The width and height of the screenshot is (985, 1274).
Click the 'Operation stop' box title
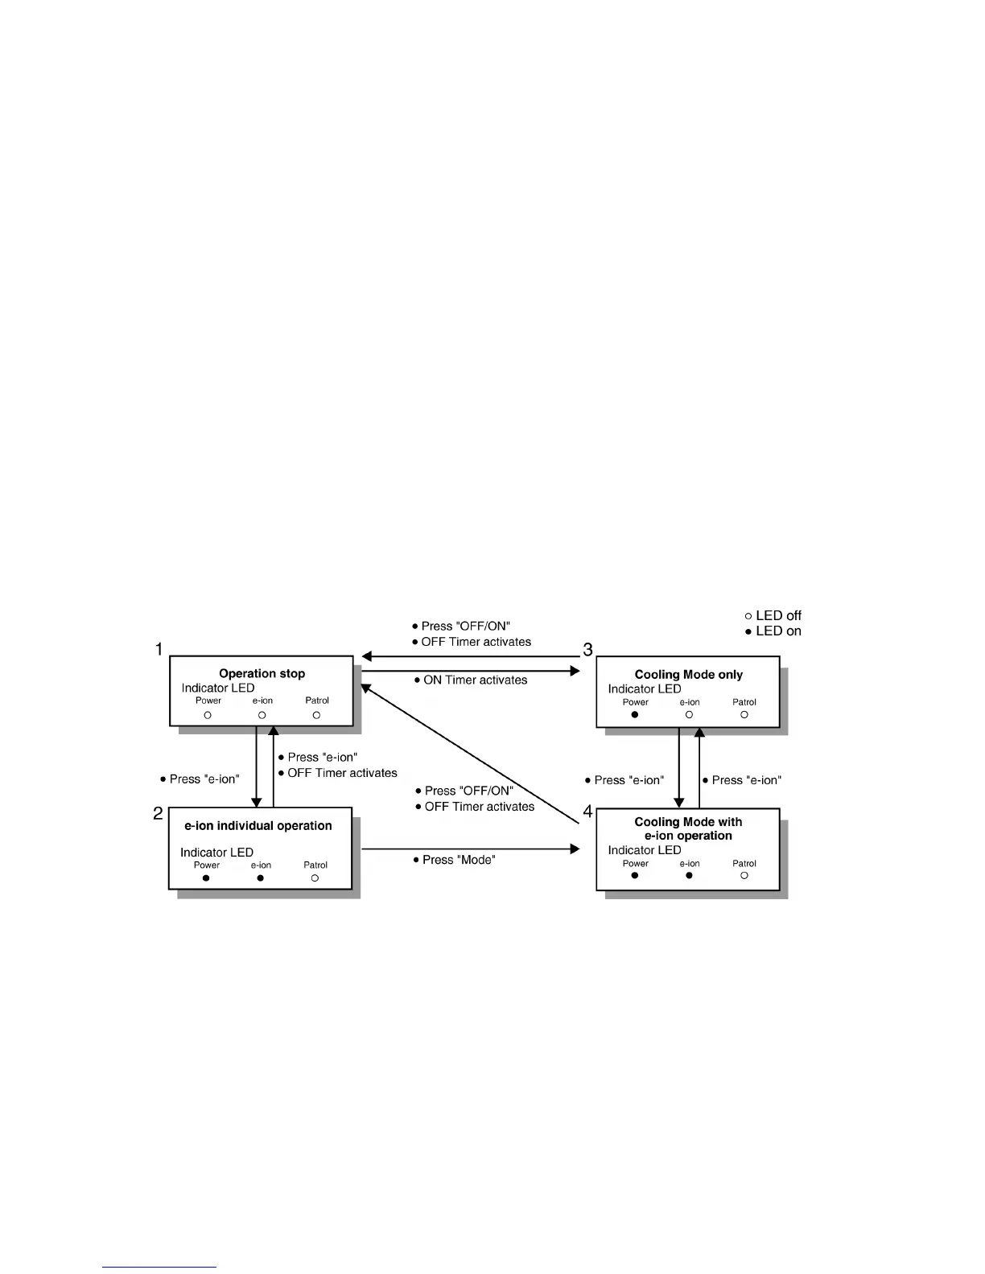coord(262,673)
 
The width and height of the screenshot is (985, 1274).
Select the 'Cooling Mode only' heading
coord(688,675)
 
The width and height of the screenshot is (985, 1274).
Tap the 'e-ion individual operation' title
coord(258,825)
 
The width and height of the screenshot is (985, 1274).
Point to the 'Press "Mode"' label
coord(459,860)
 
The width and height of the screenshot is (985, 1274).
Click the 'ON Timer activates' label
coord(475,680)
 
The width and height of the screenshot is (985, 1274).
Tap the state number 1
coord(159,649)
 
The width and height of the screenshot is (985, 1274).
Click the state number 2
coord(159,813)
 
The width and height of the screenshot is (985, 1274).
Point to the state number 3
coord(587,649)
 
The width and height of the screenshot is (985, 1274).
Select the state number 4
coord(587,812)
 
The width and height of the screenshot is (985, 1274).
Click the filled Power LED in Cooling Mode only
coord(635,714)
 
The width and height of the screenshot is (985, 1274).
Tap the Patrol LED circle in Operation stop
coord(316,714)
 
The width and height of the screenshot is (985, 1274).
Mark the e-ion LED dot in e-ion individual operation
coord(261,877)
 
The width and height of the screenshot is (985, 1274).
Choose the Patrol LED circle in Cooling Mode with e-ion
coord(744,875)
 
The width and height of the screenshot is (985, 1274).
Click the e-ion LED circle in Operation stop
coord(262,714)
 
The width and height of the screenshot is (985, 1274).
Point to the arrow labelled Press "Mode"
coord(471,849)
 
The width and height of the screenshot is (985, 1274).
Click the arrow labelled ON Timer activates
coord(471,670)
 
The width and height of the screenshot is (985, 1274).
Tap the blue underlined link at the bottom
coord(159,1267)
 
